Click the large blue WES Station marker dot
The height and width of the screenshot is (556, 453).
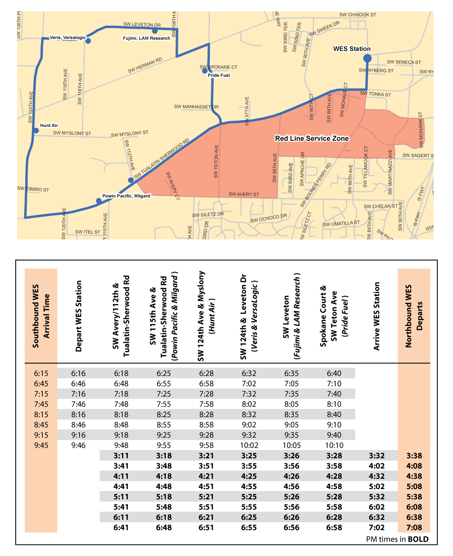tap(367, 58)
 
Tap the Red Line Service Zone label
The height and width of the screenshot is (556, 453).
tap(312, 138)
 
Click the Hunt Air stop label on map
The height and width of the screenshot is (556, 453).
tap(49, 125)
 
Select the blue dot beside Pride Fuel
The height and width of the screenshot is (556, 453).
tap(205, 71)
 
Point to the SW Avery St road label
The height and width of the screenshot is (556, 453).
tap(244, 195)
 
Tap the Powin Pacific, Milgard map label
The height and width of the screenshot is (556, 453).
tap(126, 196)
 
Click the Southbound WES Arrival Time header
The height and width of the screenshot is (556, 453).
tap(41, 316)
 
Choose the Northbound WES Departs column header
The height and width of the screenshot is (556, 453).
tap(414, 316)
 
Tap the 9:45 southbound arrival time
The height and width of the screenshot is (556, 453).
tap(41, 445)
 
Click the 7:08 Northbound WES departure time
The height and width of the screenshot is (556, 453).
tap(414, 527)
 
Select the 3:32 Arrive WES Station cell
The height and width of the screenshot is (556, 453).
tap(377, 456)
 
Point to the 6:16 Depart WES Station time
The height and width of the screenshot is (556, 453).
tap(79, 373)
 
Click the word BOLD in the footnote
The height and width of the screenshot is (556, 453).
tap(418, 539)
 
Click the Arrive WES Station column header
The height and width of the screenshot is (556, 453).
tap(377, 316)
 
